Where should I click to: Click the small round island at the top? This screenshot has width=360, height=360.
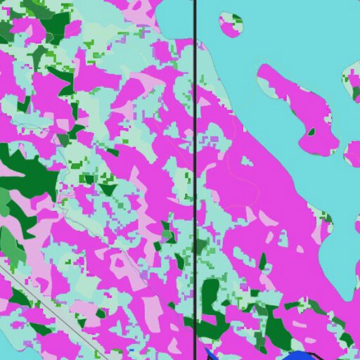click(x=231, y=25)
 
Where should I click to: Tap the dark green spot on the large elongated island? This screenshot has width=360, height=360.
click(x=311, y=131)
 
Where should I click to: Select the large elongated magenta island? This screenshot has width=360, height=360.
click(x=299, y=105)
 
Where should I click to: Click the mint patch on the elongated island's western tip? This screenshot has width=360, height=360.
click(x=266, y=84)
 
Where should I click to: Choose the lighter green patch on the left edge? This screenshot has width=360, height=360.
click(x=10, y=243)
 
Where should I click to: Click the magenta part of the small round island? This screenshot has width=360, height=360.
click(x=229, y=28)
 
